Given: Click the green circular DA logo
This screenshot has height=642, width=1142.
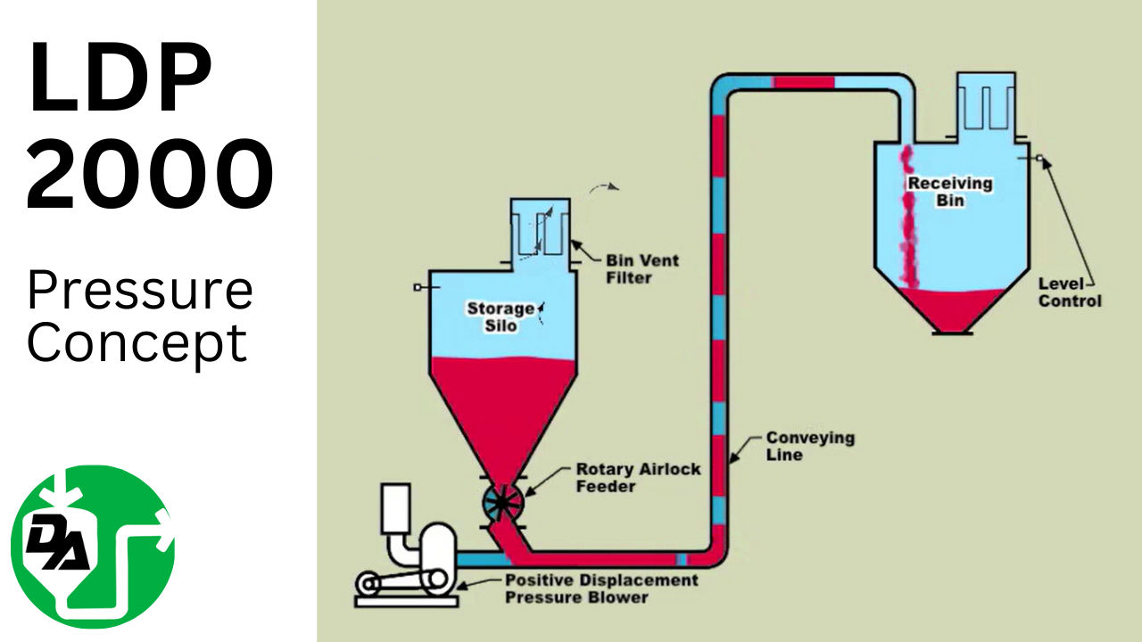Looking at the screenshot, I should point(93,547).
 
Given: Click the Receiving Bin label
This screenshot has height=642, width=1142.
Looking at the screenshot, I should point(949,191).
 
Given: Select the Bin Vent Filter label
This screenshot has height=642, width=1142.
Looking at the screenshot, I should point(642,269).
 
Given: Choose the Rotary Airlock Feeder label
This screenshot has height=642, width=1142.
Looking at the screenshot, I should point(638,477).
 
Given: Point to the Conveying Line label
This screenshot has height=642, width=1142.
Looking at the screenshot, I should point(798,446).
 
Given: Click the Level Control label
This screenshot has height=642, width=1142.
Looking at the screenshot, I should point(1070,292).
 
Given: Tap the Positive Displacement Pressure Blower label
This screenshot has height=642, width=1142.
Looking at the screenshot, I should point(601,588).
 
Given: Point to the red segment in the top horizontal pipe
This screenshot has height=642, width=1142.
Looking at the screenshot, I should point(803,83).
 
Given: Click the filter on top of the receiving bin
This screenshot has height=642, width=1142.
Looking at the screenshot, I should point(988,103).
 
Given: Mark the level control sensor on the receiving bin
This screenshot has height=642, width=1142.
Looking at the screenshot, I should point(1039,160).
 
